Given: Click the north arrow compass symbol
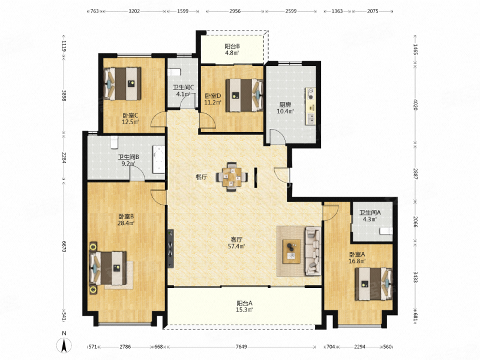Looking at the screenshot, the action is pyautogui.click(x=64, y=346).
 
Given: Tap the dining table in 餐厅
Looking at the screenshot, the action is pyautogui.click(x=232, y=176).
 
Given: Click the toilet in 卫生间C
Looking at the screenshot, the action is pyautogui.click(x=174, y=72).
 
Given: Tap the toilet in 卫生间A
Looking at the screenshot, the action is pyautogui.click(x=386, y=231).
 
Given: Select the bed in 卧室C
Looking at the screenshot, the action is pyautogui.click(x=122, y=84).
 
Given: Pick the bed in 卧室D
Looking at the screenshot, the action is pyautogui.click(x=244, y=95).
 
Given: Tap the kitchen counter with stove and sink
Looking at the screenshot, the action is pyautogui.click(x=310, y=106).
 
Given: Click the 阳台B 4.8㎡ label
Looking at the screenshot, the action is pyautogui.click(x=232, y=50).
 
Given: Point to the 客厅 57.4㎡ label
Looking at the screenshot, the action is pyautogui.click(x=236, y=243).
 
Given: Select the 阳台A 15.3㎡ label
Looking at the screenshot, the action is pyautogui.click(x=244, y=307).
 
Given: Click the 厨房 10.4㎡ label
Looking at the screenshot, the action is pyautogui.click(x=285, y=108).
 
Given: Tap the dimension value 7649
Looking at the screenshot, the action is pyautogui.click(x=241, y=347).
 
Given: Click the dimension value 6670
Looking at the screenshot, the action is pyautogui.click(x=64, y=247).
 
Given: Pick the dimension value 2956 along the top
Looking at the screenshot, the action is pyautogui.click(x=235, y=11).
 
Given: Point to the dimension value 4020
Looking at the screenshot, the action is pyautogui.click(x=415, y=104).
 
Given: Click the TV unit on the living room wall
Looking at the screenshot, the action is pyautogui.click(x=170, y=248).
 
